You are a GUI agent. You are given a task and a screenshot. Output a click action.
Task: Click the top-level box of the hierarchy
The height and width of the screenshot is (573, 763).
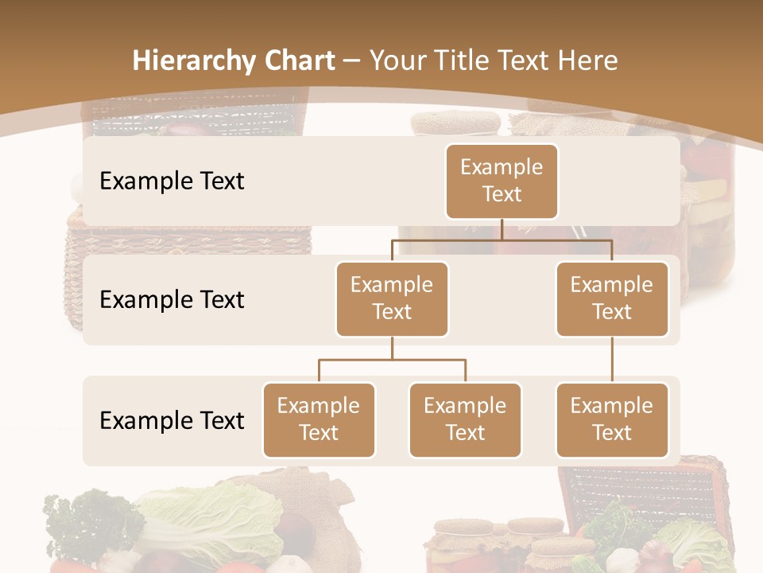click(x=502, y=181)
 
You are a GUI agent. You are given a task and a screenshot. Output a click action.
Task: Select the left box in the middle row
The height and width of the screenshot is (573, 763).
click(x=392, y=298)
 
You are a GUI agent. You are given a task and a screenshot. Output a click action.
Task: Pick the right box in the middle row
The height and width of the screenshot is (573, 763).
click(x=612, y=298)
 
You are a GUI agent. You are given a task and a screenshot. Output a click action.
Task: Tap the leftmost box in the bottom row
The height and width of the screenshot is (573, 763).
click(x=319, y=419)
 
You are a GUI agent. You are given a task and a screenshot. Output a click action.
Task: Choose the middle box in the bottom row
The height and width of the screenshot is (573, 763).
click(x=465, y=419)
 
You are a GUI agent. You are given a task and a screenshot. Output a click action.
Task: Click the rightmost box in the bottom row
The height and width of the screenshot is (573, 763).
click(x=612, y=419)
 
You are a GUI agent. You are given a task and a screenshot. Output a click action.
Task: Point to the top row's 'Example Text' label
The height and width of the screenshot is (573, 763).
click(x=172, y=181)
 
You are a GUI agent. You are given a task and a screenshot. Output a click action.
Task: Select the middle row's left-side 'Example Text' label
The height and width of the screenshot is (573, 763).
click(x=172, y=300)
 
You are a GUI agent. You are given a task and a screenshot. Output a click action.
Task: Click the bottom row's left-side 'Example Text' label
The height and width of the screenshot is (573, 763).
click(x=172, y=420)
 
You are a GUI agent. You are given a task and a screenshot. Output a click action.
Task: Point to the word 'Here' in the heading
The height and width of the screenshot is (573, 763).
click(x=587, y=60)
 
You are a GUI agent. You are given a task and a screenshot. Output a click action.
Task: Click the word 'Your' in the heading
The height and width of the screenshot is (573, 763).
click(x=399, y=61)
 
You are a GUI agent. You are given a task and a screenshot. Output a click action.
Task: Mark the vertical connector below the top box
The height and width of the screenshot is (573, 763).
click(x=502, y=229)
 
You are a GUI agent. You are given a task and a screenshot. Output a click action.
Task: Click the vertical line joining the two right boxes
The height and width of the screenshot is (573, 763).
click(x=612, y=360)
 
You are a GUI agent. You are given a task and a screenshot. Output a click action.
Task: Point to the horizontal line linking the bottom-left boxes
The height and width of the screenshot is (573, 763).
click(x=392, y=360)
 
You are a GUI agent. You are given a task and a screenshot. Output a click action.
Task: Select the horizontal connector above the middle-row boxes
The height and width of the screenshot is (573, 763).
click(x=502, y=240)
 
